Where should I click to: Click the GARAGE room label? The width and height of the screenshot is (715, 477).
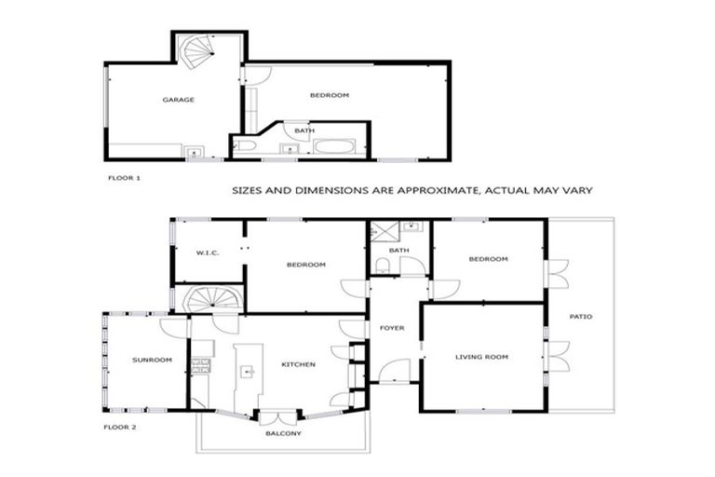click(178, 99)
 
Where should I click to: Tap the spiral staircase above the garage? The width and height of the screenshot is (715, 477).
click(196, 52)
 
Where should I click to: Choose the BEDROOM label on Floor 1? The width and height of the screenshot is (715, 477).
click(329, 95)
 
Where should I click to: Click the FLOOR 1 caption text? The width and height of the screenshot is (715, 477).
click(124, 175)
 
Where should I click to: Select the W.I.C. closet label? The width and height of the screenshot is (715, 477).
click(206, 252)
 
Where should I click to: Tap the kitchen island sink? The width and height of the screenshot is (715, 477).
click(247, 371)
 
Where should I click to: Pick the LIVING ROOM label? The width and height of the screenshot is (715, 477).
click(480, 357)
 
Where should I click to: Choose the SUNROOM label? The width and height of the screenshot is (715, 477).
click(152, 360)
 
